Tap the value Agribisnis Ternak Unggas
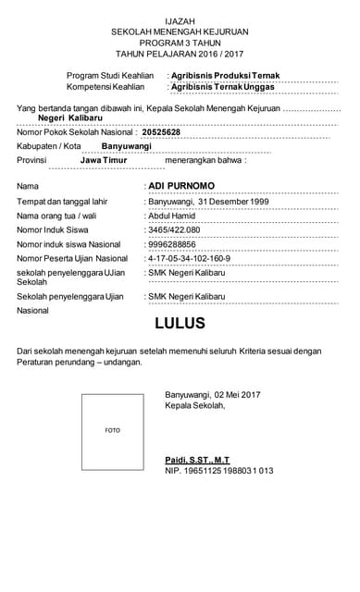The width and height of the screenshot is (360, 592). click(223, 86)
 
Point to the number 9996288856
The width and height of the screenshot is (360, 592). click(172, 243)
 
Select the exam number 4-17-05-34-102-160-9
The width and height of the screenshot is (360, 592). click(189, 258)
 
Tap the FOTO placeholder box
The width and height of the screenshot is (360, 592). click(112, 430)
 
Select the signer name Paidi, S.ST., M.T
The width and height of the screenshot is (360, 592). click(197, 460)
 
